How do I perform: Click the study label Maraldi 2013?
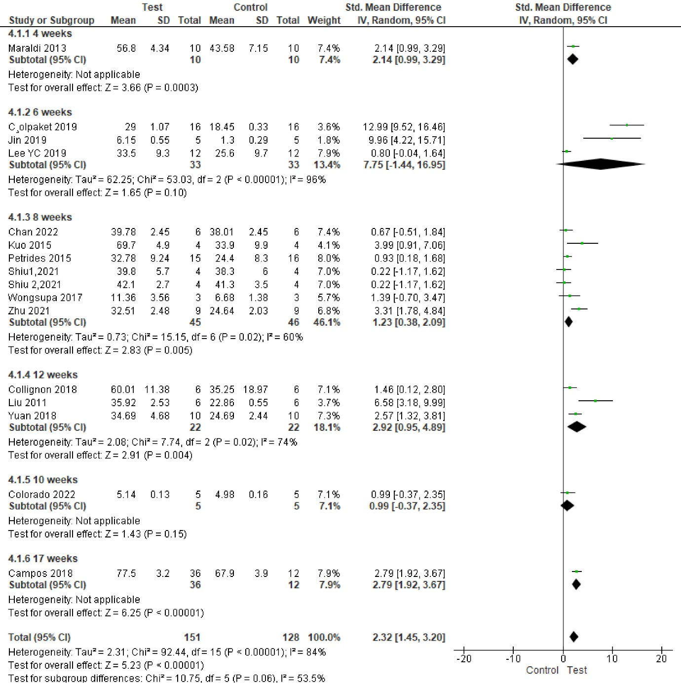click(37, 48)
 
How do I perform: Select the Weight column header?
click(324, 20)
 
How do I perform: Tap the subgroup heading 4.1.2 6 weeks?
click(40, 113)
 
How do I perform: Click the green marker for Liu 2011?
click(595, 401)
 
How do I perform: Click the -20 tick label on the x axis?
click(464, 659)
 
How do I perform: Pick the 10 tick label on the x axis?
click(612, 659)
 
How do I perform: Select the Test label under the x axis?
click(577, 670)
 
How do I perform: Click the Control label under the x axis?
click(542, 670)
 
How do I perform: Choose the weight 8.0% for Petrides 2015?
click(329, 259)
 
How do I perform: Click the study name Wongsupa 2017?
click(45, 298)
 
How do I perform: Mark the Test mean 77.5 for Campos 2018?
click(126, 573)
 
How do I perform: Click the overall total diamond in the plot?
click(573, 637)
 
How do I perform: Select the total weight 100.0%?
click(324, 638)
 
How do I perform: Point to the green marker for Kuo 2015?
click(582, 243)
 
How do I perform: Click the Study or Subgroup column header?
click(51, 20)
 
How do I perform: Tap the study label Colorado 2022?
click(42, 495)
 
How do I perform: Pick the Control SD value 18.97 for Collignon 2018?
click(255, 389)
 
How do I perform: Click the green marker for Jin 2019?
click(612, 138)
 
